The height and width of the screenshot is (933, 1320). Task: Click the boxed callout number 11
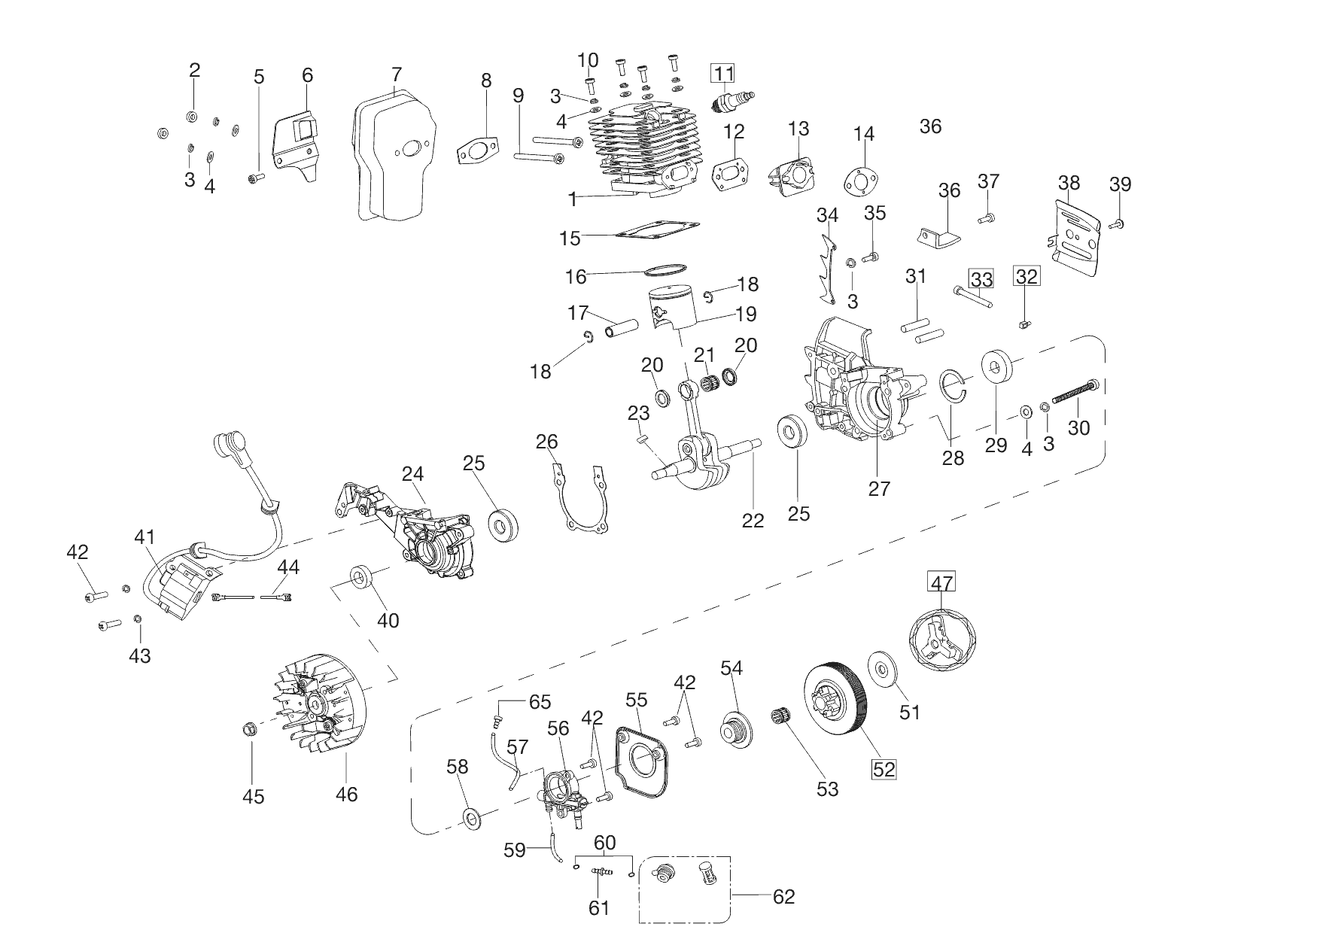[x=723, y=73]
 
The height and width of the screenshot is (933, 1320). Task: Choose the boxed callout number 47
[x=942, y=582]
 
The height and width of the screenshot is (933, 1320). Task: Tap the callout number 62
[x=783, y=896]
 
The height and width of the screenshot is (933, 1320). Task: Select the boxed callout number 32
[x=1026, y=276]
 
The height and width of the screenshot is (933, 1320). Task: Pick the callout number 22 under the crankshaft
[x=753, y=520]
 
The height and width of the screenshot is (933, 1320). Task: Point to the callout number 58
[x=458, y=767]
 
